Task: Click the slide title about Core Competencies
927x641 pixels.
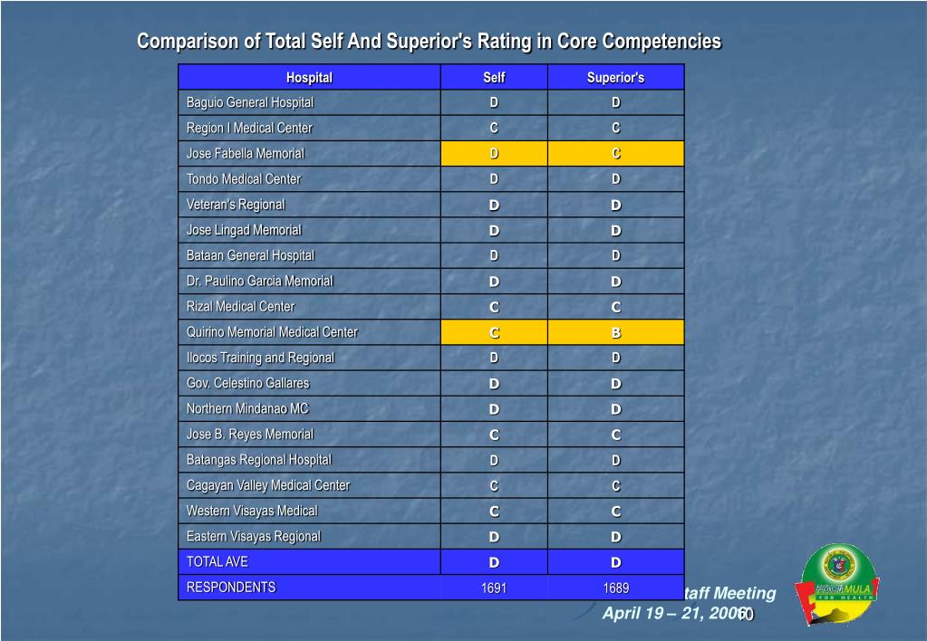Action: pyautogui.click(x=429, y=42)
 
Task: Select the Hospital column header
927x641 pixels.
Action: pyautogui.click(x=309, y=78)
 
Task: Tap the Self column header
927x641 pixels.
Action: pyautogui.click(x=494, y=78)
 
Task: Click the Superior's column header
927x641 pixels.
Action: pyautogui.click(x=615, y=78)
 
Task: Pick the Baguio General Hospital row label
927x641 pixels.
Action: pyautogui.click(x=249, y=103)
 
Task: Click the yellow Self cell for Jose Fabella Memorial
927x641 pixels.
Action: pyautogui.click(x=494, y=154)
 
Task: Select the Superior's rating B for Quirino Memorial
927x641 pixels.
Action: pyautogui.click(x=615, y=332)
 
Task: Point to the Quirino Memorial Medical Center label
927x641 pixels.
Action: pyautogui.click(x=272, y=332)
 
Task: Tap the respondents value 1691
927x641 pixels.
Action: pyautogui.click(x=494, y=588)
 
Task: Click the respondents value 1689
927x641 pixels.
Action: pyautogui.click(x=615, y=588)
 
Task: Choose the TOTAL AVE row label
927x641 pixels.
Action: pyautogui.click(x=217, y=562)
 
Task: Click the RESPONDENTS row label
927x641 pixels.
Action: pyautogui.click(x=230, y=588)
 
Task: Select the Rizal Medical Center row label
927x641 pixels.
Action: pyautogui.click(x=240, y=307)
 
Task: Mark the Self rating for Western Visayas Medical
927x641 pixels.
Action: pyautogui.click(x=494, y=512)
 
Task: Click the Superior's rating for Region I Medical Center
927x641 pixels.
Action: pyautogui.click(x=615, y=129)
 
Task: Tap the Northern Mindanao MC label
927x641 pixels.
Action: pyautogui.click(x=247, y=409)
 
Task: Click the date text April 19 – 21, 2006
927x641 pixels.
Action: pyautogui.click(x=674, y=613)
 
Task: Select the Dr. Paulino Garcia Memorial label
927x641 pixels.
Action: pyautogui.click(x=259, y=282)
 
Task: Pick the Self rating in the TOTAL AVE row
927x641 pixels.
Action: pyautogui.click(x=494, y=562)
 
